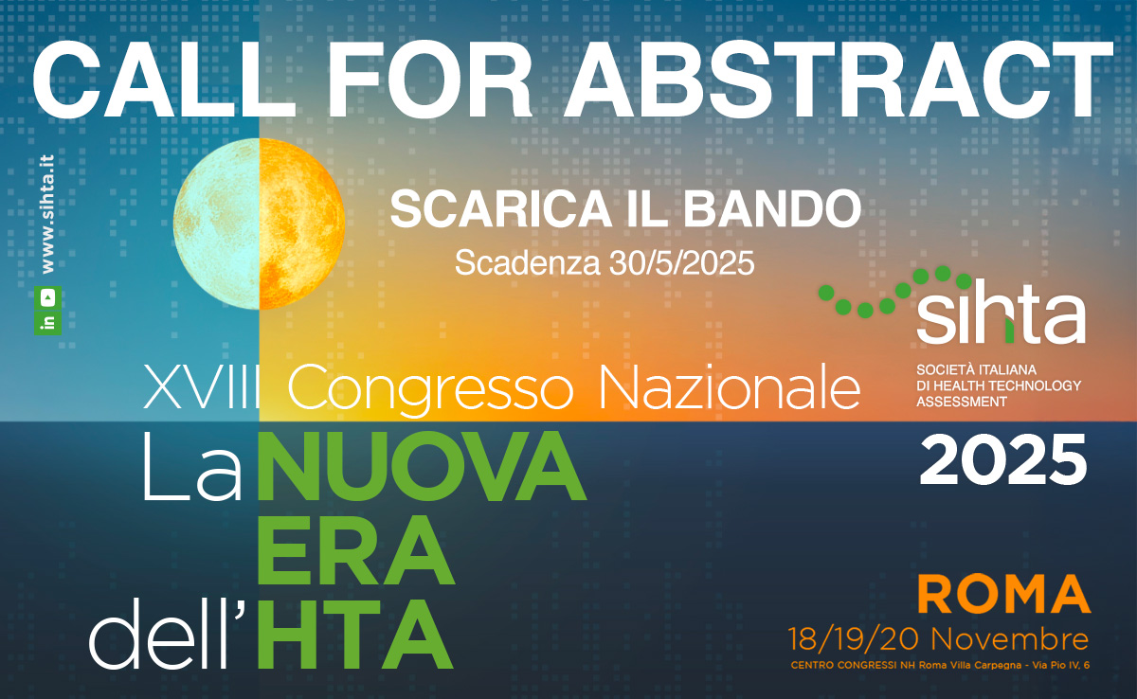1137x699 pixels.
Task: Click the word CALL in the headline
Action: [x=164, y=80]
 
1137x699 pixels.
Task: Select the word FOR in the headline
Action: [x=430, y=80]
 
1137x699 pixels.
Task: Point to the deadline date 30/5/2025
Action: [x=681, y=263]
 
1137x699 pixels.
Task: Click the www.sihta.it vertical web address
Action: [x=47, y=213]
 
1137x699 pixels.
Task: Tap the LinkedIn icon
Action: [x=48, y=322]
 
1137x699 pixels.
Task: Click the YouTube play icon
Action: [x=48, y=297]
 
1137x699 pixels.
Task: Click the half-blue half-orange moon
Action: [x=259, y=224]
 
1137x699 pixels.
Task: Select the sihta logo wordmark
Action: [x=1001, y=318]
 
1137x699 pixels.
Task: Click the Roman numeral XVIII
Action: [x=202, y=388]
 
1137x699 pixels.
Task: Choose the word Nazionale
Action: [x=730, y=388]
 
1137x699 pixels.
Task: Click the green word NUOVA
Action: [x=422, y=467]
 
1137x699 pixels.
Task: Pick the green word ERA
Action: [x=354, y=550]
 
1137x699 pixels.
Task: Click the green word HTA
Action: [x=354, y=634]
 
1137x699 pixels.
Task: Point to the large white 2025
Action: [x=1003, y=459]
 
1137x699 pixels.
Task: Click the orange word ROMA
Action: [x=1004, y=594]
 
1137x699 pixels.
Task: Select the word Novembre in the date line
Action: [x=1010, y=639]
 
